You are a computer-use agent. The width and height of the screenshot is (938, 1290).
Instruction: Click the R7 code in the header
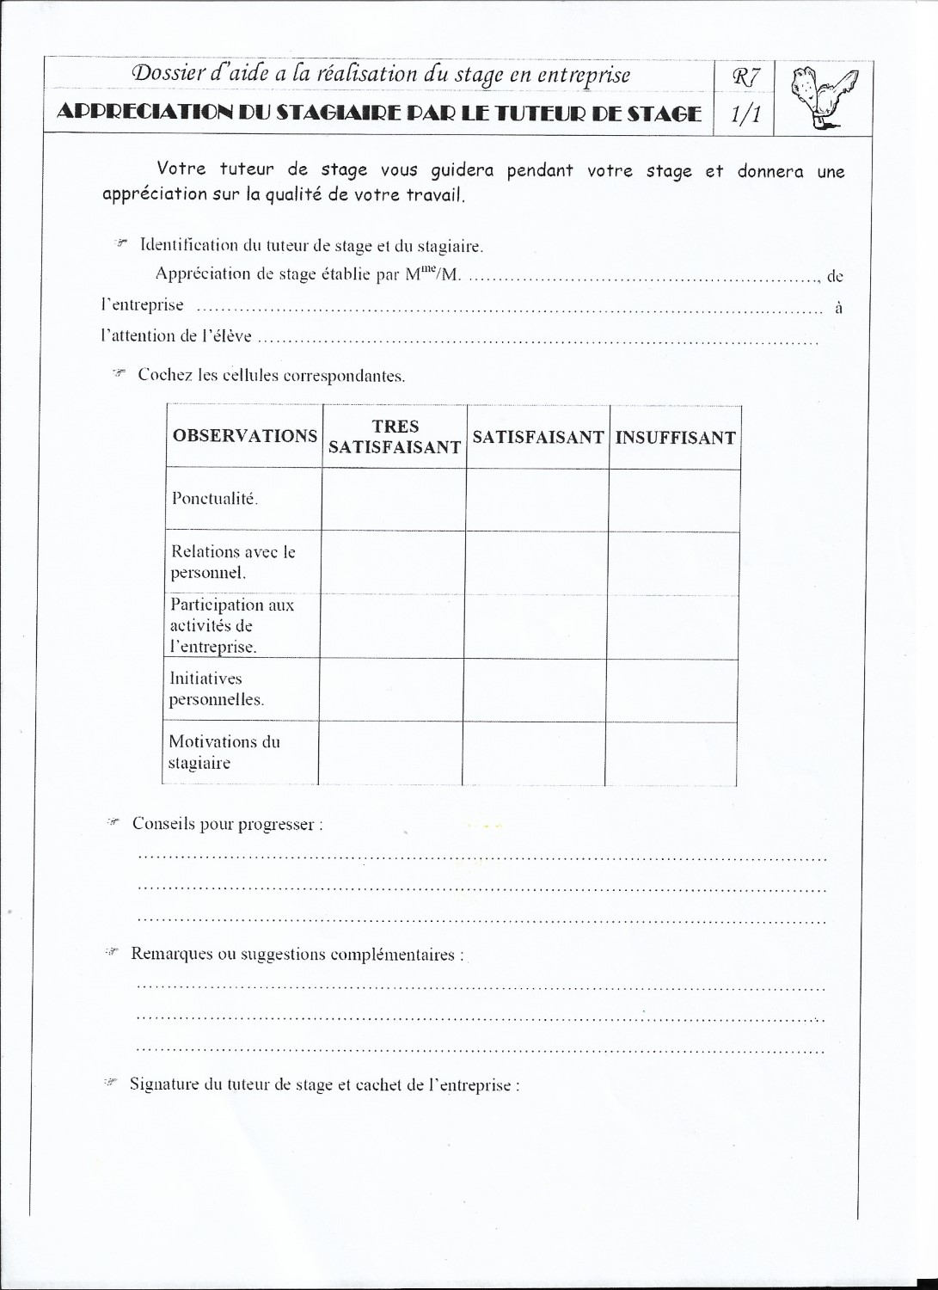tap(745, 77)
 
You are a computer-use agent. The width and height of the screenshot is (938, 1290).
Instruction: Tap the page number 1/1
tap(745, 114)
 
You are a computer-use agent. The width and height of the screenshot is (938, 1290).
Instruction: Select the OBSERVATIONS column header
tap(244, 436)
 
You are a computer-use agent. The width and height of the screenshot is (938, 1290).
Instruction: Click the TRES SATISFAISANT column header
tap(395, 437)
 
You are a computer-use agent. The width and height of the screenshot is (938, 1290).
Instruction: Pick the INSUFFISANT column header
tap(675, 438)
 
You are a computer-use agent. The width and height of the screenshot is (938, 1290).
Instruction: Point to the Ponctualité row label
tap(215, 499)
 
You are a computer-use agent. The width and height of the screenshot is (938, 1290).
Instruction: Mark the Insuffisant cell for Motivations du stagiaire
tap(671, 753)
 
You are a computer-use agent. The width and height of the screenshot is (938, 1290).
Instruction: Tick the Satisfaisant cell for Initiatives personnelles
tap(534, 691)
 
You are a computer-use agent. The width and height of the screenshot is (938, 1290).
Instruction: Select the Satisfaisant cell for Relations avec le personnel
tap(537, 562)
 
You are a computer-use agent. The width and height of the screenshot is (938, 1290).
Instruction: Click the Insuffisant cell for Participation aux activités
tap(673, 627)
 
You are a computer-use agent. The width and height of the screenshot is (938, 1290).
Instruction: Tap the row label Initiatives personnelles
tap(216, 689)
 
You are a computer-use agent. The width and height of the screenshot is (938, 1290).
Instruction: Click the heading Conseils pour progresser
tap(227, 824)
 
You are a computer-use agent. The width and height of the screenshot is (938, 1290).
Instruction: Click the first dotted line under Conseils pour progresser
tap(481, 857)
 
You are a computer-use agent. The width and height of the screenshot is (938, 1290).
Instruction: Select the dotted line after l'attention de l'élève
tap(537, 341)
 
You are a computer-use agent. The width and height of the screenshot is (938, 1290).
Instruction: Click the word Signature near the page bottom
tap(164, 1084)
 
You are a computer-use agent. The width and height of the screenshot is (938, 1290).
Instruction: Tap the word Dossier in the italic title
tap(165, 75)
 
